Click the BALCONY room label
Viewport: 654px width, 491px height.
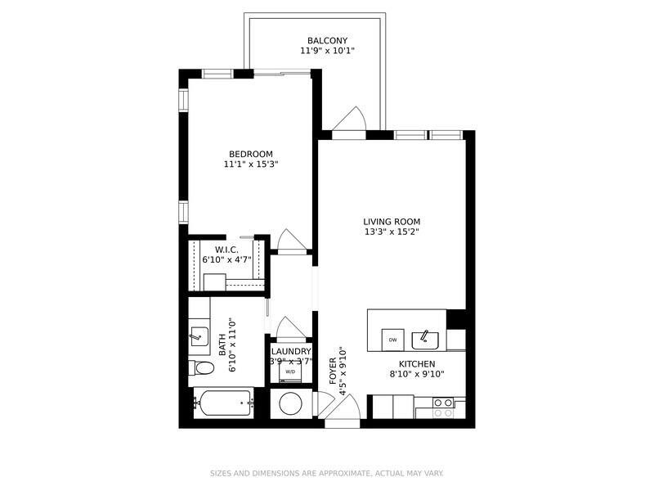pos(328,40)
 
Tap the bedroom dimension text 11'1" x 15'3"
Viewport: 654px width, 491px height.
pos(251,164)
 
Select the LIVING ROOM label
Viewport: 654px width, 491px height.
pos(392,222)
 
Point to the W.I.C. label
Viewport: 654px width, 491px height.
pos(227,250)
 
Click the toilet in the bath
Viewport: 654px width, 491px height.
pos(201,367)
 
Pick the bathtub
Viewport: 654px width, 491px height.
pos(223,403)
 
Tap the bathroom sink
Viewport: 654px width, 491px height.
pos(199,336)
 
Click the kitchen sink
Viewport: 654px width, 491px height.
pos(425,340)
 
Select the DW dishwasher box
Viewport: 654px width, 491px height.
pos(393,340)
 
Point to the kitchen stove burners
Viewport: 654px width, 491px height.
pos(443,408)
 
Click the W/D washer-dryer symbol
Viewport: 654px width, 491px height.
pos(290,372)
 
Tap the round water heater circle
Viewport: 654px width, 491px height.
pos(291,403)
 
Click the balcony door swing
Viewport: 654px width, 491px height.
pos(350,119)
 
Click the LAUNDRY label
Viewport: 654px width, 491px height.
pos(291,352)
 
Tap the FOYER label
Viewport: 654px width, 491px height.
pos(333,372)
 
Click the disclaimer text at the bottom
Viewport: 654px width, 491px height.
pos(326,474)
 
